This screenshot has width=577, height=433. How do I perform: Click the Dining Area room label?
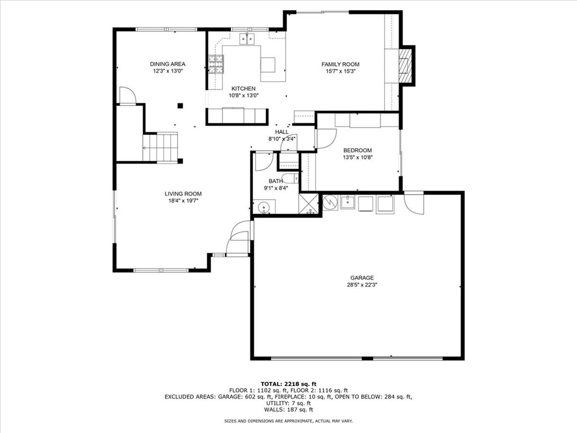167,64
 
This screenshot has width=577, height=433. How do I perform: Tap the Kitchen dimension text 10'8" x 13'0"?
243,95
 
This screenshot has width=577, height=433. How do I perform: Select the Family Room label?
340,64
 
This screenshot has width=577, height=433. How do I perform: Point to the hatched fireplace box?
405,66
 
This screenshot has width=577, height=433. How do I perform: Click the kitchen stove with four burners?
216,64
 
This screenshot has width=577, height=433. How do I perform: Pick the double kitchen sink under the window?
248,39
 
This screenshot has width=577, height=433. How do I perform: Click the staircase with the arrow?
161,147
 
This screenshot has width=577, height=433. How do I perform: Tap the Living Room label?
183,194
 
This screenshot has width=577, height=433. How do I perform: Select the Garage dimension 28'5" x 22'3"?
362,285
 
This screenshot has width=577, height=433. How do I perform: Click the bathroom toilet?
291,179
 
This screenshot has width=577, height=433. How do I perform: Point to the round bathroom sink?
264,207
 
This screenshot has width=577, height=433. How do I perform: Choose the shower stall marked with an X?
308,203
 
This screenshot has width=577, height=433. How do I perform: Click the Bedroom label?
357,150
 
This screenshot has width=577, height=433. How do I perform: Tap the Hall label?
282,132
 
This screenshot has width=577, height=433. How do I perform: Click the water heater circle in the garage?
330,202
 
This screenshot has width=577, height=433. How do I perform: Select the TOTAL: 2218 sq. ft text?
288,383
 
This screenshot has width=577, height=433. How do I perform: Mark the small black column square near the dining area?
180,105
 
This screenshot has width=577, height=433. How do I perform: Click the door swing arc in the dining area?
128,96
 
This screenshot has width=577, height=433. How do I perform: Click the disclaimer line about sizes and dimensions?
288,421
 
